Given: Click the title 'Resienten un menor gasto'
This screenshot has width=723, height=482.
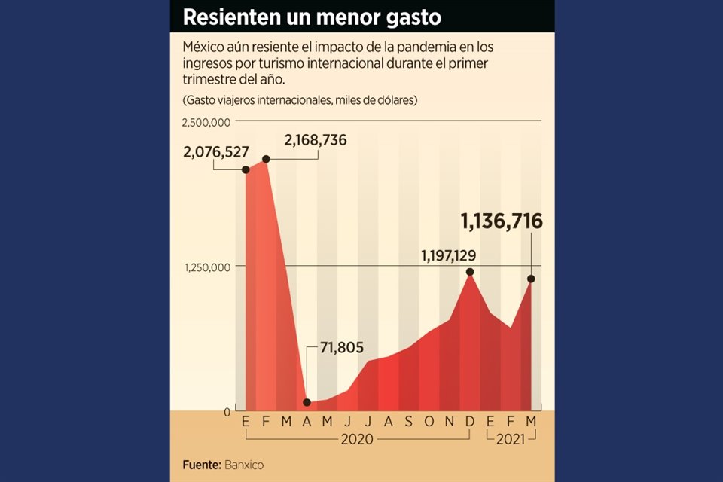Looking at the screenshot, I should click(312, 16).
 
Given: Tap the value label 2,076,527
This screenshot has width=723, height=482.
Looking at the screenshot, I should click(215, 152).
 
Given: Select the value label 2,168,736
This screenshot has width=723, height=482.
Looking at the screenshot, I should click(315, 140).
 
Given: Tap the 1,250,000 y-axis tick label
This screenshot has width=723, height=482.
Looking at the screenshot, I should click(206, 267).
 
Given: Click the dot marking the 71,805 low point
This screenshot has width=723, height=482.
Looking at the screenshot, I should click(307, 402).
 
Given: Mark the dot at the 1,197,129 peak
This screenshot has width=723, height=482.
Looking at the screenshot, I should click(470, 272).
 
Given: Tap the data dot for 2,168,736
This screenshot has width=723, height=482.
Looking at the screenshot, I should click(266, 159).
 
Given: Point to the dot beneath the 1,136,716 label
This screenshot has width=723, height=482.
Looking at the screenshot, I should click(532, 279).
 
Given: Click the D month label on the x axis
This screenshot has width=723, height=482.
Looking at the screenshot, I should click(470, 422).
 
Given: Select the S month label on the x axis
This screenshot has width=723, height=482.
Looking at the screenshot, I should click(408, 422).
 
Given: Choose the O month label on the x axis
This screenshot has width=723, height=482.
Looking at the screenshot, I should click(429, 422).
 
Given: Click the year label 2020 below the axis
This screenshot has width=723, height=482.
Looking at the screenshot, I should click(356, 439).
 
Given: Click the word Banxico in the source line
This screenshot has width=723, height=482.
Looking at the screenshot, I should click(243, 465).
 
